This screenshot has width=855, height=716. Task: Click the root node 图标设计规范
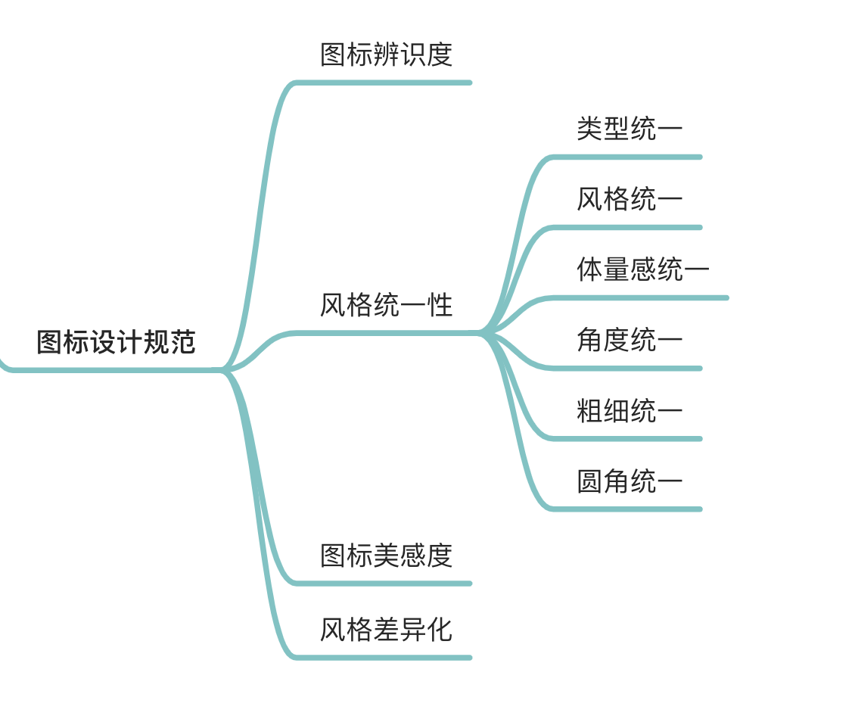tap(116, 342)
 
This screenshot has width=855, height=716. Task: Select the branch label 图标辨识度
tap(386, 54)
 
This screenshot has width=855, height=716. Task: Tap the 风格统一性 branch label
tap(386, 305)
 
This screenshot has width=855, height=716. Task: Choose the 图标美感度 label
tap(386, 556)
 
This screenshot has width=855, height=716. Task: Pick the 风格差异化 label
tap(386, 630)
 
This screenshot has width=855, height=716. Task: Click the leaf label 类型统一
tap(630, 129)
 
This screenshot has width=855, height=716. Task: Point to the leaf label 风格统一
tap(630, 199)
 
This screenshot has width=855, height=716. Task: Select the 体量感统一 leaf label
tap(643, 269)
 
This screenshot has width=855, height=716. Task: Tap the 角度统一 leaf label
tap(630, 340)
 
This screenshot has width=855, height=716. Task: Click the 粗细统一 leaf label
tap(630, 410)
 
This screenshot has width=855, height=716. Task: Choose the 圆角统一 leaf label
tap(630, 481)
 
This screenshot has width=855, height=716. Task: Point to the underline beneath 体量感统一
tap(643, 297)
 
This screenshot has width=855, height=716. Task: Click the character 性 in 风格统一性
tap(440, 305)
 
